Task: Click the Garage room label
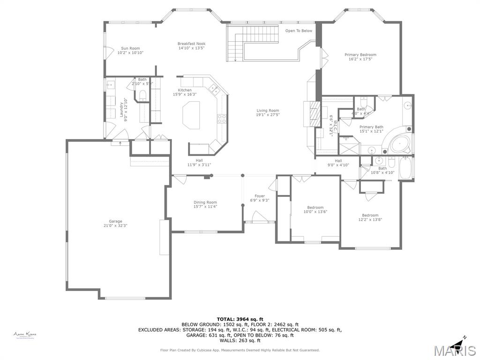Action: click(115, 221)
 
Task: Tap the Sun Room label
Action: click(130, 48)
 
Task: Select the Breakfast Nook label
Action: click(191, 44)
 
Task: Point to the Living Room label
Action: click(267, 111)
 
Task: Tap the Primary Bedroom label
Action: click(360, 55)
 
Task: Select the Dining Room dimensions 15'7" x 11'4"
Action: click(205, 207)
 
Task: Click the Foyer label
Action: click(260, 196)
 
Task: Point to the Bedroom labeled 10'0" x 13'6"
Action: click(315, 208)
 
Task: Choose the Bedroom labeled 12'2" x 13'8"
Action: click(369, 215)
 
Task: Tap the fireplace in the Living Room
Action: click(312, 113)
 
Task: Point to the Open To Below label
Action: click(299, 31)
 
